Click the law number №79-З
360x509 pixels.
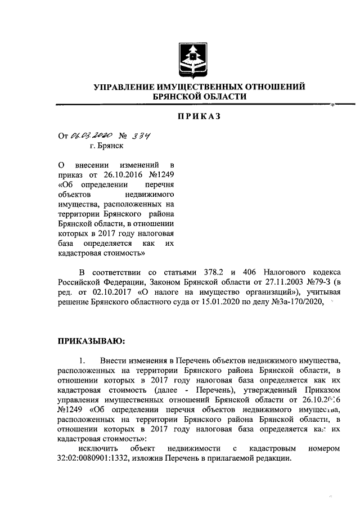[315, 281]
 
